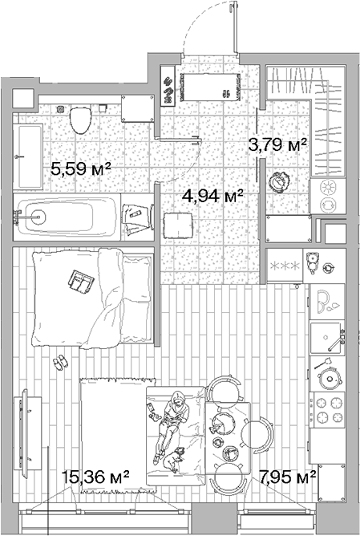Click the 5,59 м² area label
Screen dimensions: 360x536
pos(81,169)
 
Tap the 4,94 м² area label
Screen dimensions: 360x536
pos(212,196)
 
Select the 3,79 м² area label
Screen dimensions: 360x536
pos(277,145)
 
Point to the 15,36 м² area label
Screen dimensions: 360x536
pos(95,477)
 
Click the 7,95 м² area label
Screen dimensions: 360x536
pos(287,477)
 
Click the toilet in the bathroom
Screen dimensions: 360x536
pos(81,120)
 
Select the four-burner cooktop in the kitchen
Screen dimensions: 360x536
pos(327,410)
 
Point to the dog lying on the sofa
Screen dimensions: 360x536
pos(173,460)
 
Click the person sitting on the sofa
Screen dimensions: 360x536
pos(171,424)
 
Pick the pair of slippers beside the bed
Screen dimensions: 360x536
pos(60,362)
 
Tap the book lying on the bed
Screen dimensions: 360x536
pos(81,282)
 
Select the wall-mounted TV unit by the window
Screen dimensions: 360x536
pos(26,433)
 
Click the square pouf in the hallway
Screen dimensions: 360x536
pos(178,226)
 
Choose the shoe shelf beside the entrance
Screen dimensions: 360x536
pos(168,86)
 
